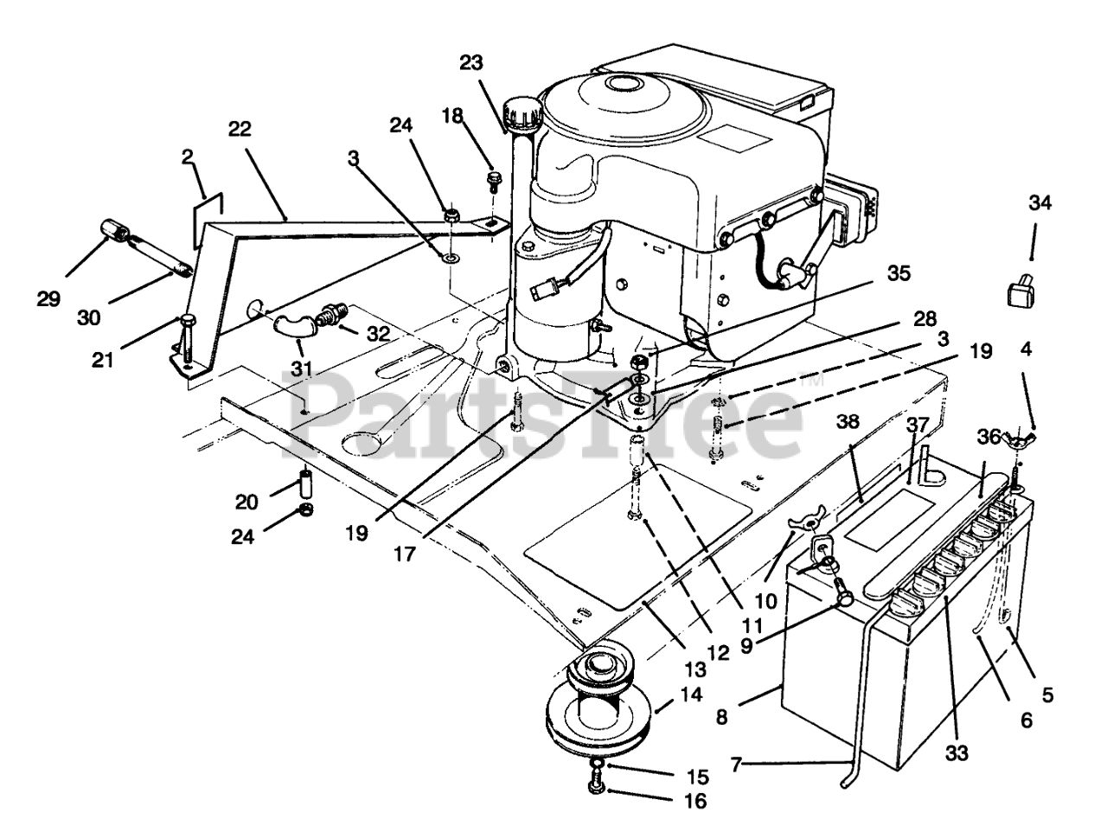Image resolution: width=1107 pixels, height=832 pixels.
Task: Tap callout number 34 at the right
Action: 1041,204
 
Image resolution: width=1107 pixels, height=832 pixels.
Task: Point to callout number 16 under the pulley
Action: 694,801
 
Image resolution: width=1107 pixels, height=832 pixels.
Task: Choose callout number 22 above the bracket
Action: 240,130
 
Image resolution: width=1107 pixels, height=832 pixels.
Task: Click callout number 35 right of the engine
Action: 899,274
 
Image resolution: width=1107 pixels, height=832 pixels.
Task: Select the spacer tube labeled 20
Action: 306,480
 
